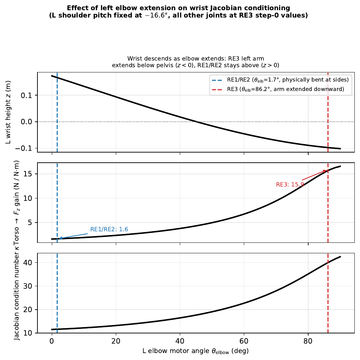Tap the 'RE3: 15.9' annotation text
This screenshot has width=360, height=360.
(290, 184)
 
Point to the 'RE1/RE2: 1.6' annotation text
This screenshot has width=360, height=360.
(109, 230)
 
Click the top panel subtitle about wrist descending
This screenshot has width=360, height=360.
(196, 62)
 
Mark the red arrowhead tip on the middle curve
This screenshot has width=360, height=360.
(327, 170)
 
